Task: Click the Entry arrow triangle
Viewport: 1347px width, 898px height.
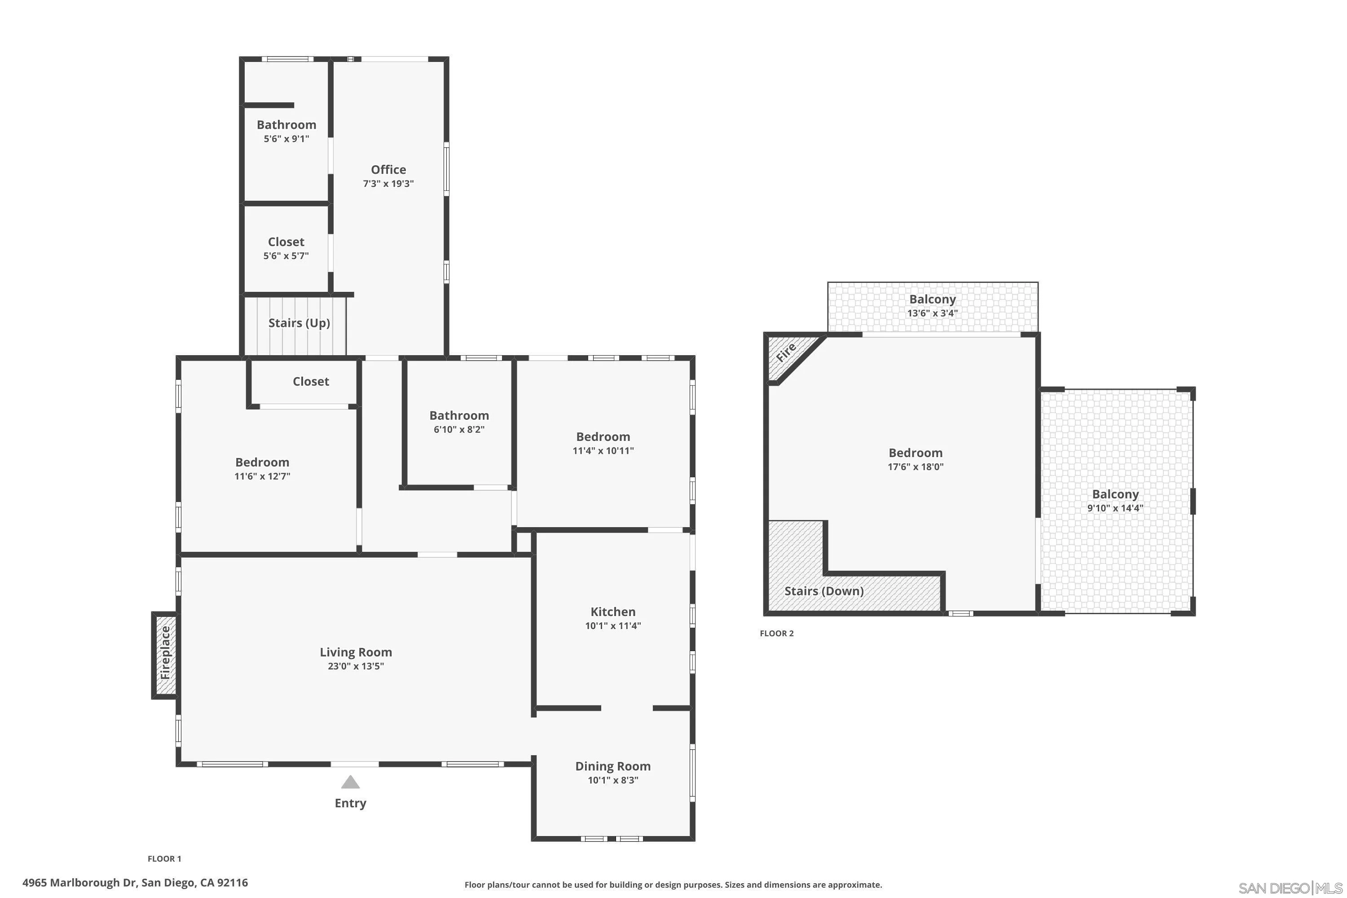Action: click(x=351, y=782)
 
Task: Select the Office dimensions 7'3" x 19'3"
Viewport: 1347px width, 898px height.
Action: click(x=388, y=184)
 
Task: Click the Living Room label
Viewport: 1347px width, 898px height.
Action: click(x=356, y=652)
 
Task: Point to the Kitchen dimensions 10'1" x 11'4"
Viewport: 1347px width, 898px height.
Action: click(x=613, y=626)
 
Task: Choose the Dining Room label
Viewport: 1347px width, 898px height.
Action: click(x=613, y=766)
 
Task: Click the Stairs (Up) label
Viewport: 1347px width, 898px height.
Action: click(x=299, y=322)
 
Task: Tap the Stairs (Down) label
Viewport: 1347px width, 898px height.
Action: click(x=823, y=590)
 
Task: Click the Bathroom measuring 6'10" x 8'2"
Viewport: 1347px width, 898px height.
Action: click(x=459, y=415)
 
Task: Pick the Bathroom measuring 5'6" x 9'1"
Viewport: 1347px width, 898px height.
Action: click(x=286, y=125)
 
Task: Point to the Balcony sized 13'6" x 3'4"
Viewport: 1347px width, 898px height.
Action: click(x=933, y=299)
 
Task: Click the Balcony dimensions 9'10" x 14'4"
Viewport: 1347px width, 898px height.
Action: click(x=1115, y=508)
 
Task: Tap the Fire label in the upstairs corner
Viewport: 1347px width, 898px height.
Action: click(x=786, y=352)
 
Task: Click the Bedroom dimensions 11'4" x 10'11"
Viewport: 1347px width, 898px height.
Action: click(x=603, y=451)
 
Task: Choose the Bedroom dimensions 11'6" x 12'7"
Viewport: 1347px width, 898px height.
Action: click(x=262, y=476)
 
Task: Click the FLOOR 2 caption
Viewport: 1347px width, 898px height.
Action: click(x=777, y=633)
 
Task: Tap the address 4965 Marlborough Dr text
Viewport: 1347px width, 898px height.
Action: click(x=135, y=883)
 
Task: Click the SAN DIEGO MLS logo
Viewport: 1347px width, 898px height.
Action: click(x=1291, y=888)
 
